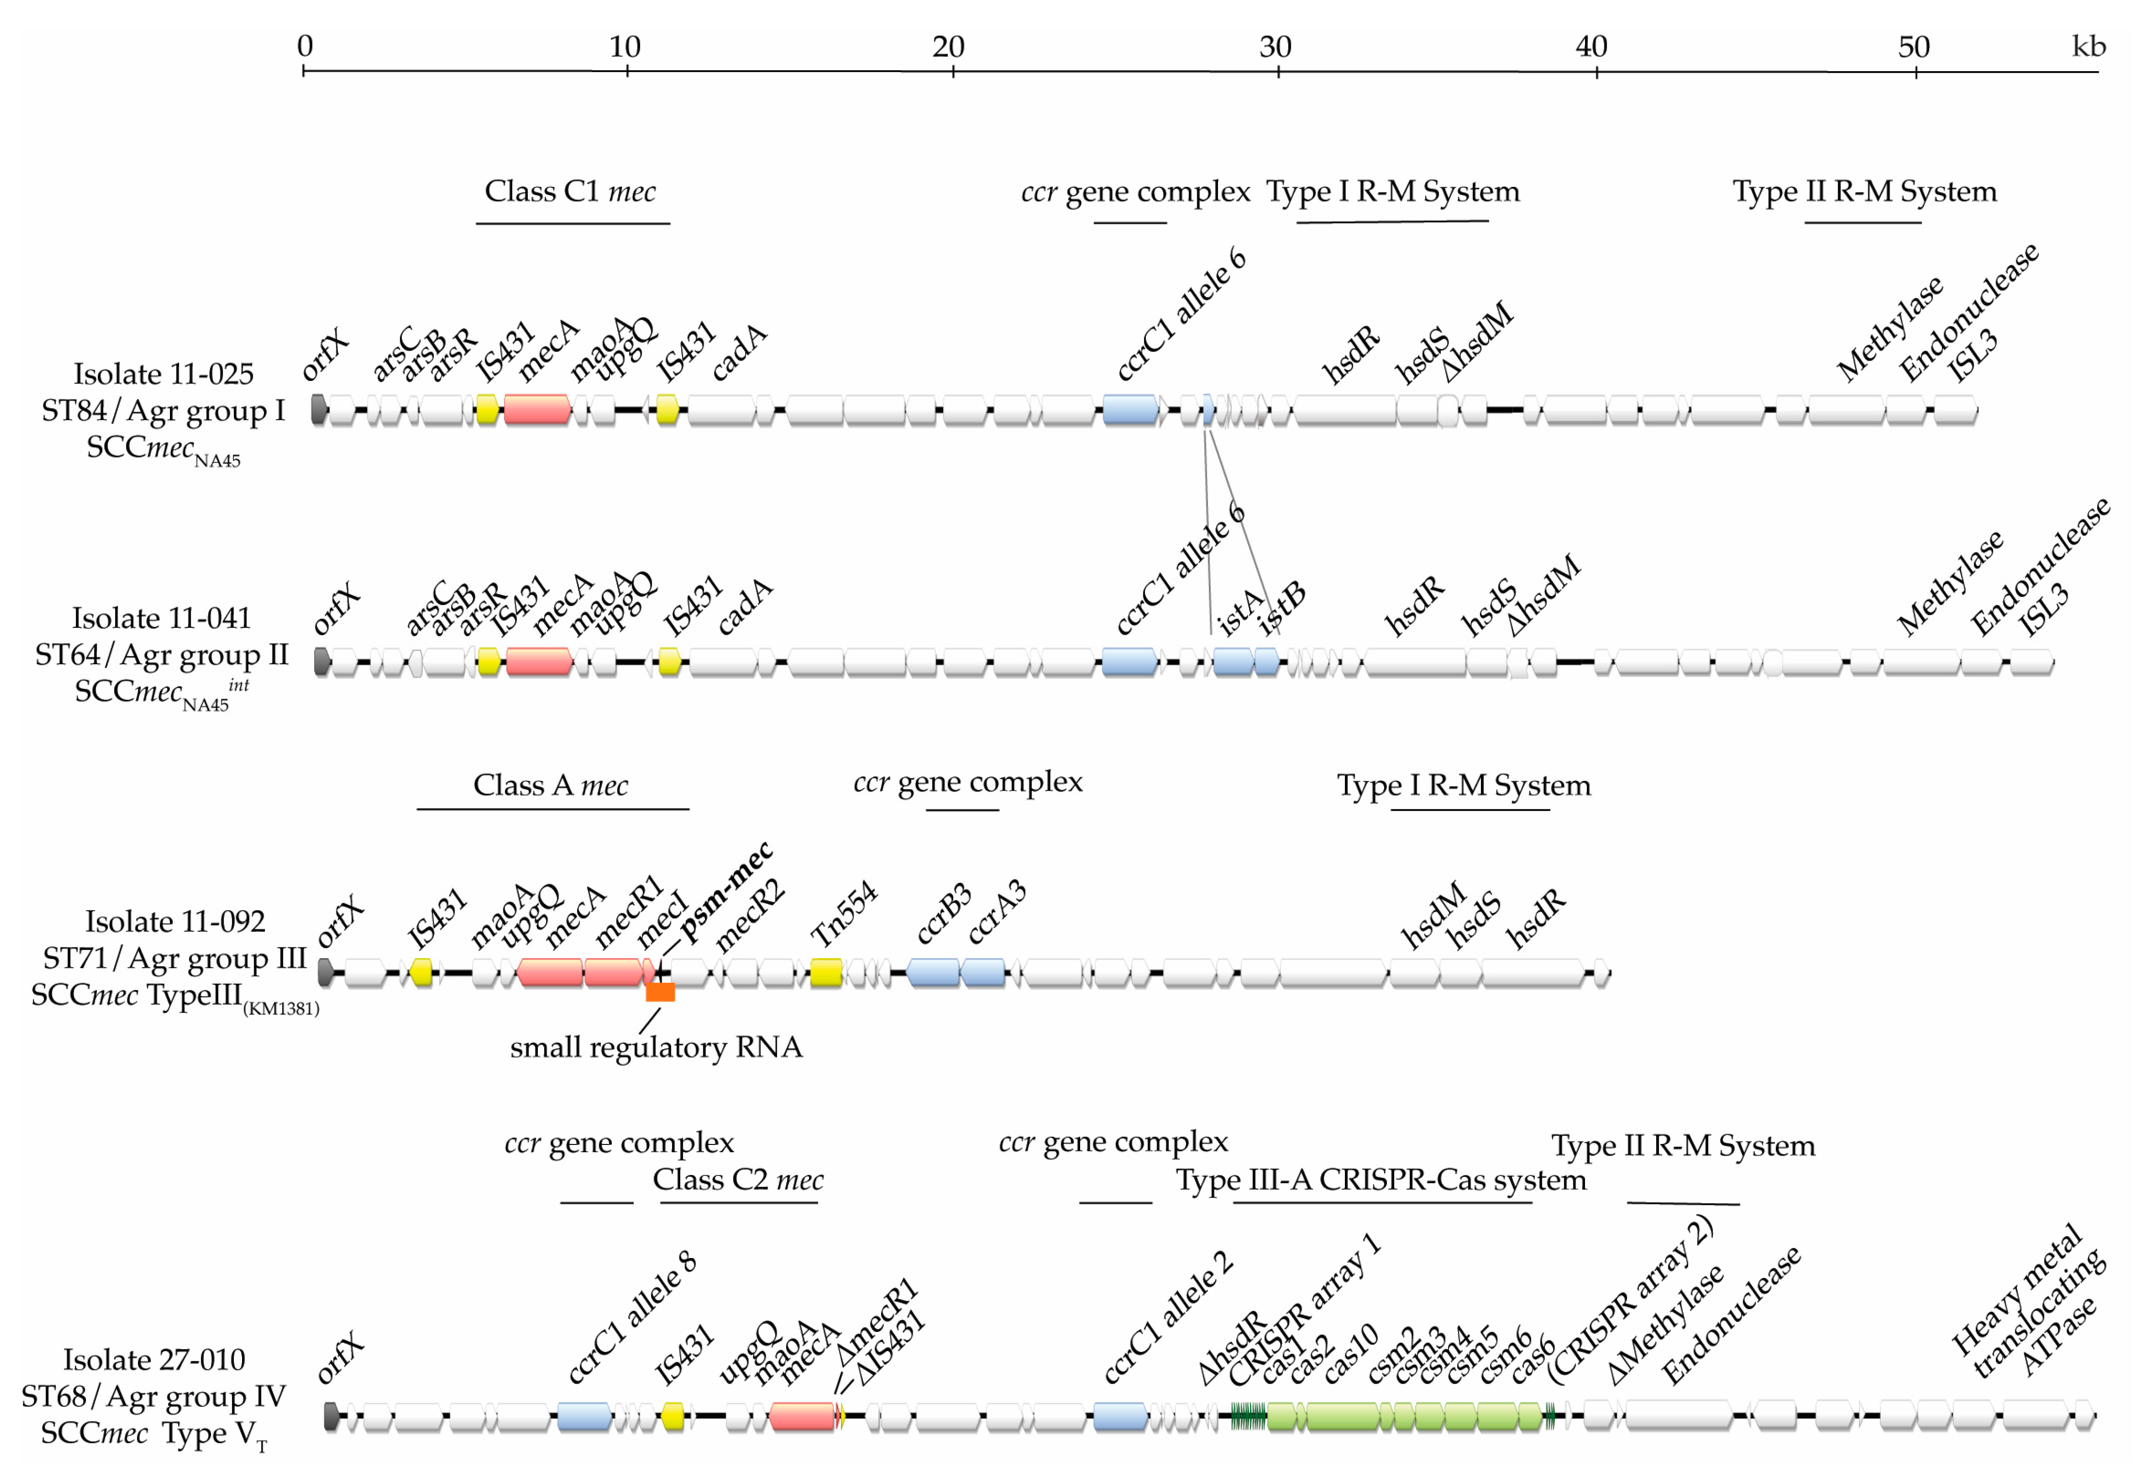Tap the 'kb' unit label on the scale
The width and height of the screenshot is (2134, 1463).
coord(2088,46)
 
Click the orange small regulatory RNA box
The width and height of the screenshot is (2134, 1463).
coord(660,992)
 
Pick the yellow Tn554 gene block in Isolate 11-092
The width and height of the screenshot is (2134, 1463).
coord(825,973)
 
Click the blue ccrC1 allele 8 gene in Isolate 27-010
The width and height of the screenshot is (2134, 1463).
coord(584,1416)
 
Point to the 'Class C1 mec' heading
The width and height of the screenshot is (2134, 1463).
coord(570,191)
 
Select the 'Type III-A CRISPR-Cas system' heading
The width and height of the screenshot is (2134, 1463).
coord(1381,1180)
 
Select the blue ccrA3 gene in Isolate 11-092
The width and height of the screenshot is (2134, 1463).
coord(983,973)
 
